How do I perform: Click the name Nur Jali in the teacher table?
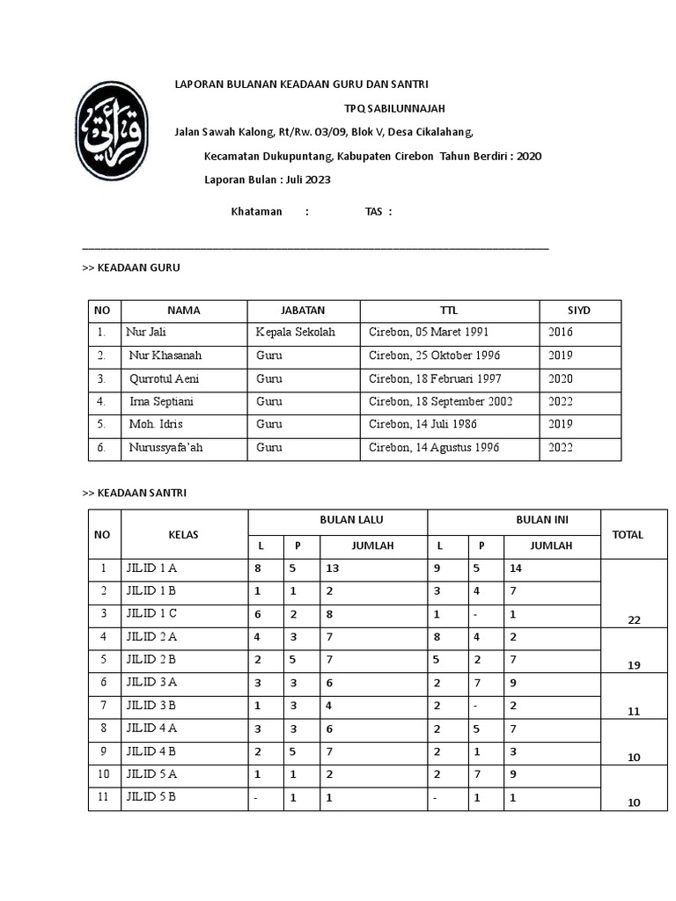point(146,333)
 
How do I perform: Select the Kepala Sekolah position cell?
point(295,333)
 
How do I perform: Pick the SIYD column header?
point(579,311)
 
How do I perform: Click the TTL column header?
point(449,311)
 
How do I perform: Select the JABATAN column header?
point(303,311)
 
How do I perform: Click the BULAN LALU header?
point(338,520)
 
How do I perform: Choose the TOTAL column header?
point(628,534)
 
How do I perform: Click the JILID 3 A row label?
point(152,683)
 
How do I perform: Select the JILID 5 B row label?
point(151,797)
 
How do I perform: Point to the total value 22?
point(634,620)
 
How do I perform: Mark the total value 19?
point(634,666)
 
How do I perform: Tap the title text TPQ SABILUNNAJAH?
point(394,108)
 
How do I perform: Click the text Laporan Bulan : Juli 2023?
point(268,179)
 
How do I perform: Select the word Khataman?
point(256,211)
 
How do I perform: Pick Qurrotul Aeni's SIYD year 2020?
point(560,378)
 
